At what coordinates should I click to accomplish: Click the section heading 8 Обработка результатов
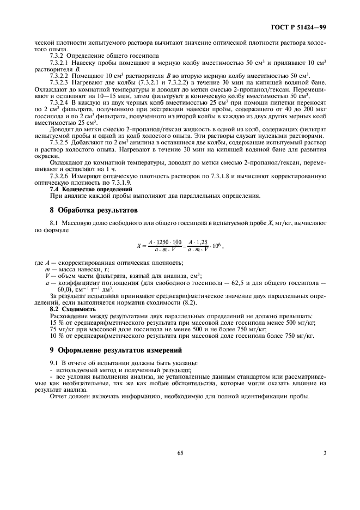click(x=91, y=209)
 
